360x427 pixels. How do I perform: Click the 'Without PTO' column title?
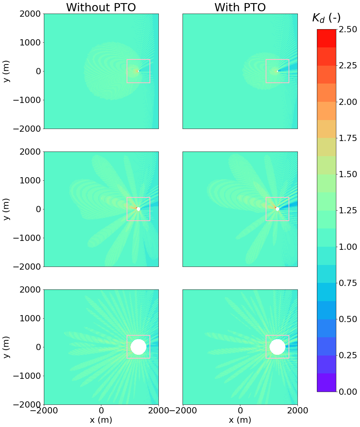(x=101, y=7)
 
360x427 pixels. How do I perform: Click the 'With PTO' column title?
(x=240, y=7)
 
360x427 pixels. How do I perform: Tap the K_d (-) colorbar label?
(x=326, y=18)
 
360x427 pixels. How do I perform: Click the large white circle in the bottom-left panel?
(x=138, y=347)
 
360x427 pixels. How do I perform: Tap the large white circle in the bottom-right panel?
(x=277, y=347)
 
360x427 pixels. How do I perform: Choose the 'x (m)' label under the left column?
(x=101, y=420)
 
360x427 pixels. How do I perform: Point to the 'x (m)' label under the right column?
(x=240, y=420)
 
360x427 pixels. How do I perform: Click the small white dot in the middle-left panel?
(x=138, y=209)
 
